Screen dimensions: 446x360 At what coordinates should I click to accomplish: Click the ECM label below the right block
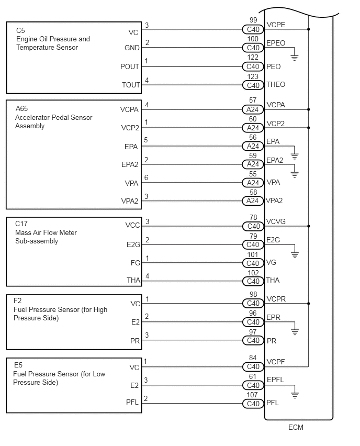pos(296,427)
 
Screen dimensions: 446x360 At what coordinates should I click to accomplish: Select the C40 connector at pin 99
pos(253,29)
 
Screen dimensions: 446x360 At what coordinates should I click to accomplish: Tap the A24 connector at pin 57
pos(253,109)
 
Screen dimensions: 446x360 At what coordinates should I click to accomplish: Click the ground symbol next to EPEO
pos(294,57)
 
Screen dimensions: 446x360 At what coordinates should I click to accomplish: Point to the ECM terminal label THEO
pos(276,85)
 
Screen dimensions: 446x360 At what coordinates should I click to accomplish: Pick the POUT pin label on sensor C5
pos(130,66)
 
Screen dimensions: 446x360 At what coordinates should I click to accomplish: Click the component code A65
pos(22,108)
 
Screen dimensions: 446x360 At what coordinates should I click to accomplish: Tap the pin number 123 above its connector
pos(253,77)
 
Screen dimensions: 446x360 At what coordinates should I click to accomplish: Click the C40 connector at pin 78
pos(253,226)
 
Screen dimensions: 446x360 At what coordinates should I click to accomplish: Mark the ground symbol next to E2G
pos(294,254)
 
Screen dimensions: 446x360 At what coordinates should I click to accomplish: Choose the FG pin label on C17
pos(135,263)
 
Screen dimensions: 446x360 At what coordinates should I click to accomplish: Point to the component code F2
pos(18,300)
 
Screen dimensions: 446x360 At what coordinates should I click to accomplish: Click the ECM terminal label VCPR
pos(276,300)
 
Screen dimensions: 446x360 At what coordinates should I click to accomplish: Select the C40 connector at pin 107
pos(253,404)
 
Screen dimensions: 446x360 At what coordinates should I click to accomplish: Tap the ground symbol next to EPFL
pos(294,395)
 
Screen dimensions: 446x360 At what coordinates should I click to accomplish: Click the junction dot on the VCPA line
pos(309,109)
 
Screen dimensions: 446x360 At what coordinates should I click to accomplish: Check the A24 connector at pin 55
pos(253,183)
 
